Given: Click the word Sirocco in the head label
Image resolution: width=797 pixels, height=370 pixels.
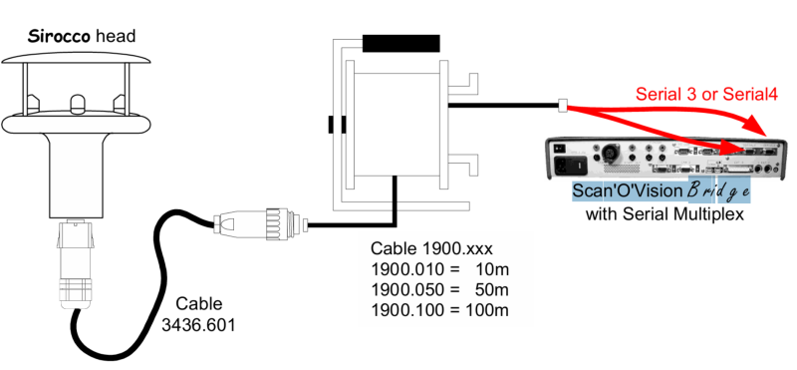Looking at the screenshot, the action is (60, 37).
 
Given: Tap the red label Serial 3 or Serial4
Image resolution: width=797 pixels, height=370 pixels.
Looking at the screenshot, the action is (706, 94).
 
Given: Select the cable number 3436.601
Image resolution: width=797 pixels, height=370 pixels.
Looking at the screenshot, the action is (198, 325).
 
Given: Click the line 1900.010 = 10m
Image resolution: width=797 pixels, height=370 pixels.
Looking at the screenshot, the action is (439, 269).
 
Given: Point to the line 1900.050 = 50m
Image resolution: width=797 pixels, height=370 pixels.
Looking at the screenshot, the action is (439, 289).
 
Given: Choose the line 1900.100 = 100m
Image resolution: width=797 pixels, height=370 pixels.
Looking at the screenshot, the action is (439, 310).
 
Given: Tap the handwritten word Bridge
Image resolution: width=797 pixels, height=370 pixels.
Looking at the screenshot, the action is (718, 190).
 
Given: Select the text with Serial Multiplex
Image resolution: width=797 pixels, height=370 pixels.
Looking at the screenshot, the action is (664, 213).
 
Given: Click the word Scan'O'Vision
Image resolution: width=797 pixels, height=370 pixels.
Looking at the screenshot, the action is (629, 190).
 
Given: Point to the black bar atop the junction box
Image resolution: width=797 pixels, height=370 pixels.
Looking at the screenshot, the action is (400, 43).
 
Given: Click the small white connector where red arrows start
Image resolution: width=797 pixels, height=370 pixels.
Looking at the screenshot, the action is (563, 106).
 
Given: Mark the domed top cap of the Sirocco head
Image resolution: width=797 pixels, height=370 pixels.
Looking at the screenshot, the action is (76, 58).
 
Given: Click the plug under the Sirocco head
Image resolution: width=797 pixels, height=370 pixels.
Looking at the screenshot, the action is (76, 264).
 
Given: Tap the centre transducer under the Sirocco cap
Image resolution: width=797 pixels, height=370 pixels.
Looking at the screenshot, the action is (77, 104).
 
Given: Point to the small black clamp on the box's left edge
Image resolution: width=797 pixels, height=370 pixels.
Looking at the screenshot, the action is (337, 125).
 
